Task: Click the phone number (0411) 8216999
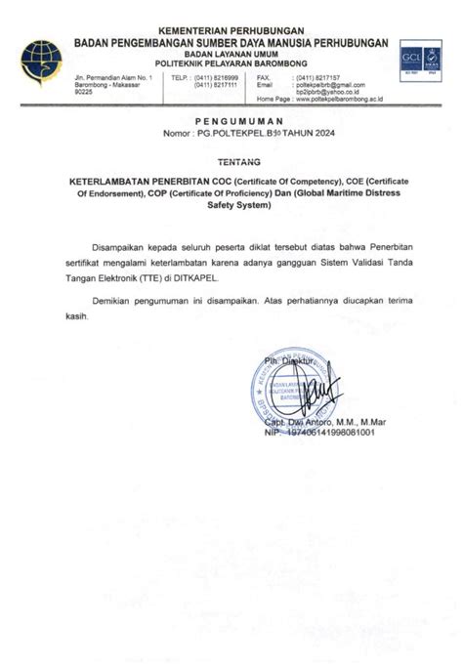click(216, 76)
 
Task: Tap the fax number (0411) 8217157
click(317, 76)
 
